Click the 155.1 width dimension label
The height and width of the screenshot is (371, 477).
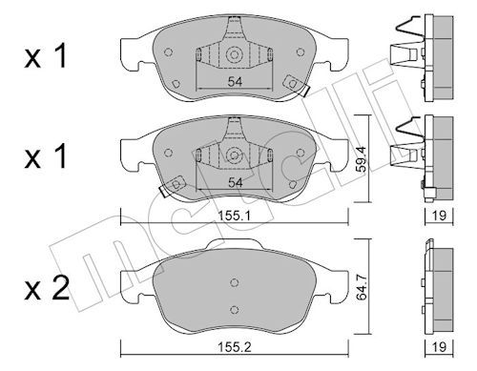[x=235, y=216]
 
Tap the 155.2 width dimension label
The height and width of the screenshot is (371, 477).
[x=235, y=347]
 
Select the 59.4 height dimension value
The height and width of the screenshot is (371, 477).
[x=361, y=159]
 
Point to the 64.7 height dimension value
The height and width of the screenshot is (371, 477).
[x=361, y=287]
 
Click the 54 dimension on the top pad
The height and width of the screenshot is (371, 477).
[x=235, y=82]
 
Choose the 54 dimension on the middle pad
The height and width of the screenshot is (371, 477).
[x=235, y=182]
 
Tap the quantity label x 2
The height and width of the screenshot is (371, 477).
[x=47, y=288]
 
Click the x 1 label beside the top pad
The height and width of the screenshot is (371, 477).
[x=46, y=56]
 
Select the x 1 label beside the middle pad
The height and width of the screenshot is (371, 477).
[x=46, y=155]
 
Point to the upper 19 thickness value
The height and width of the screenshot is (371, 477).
[x=439, y=216]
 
